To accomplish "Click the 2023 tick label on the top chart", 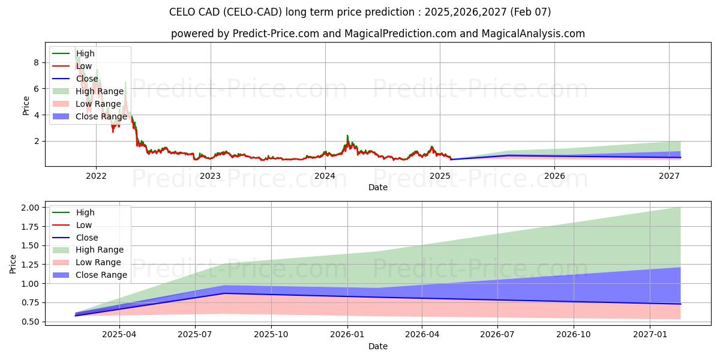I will coord(210,176).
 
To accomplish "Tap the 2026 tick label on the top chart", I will coord(554,176).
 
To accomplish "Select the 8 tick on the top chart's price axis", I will coord(37,62).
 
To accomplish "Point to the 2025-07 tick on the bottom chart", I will coord(196,335).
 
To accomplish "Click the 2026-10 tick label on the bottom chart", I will coord(574,335).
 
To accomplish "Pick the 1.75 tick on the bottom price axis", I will coord(29,226).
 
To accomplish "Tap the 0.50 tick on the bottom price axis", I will coord(29,322).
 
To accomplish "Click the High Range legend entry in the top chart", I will coord(100,91).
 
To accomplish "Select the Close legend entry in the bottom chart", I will coord(88,238).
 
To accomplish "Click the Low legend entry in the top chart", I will coord(83,66).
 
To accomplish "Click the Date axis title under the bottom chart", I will coord(378,346).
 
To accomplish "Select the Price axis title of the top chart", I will coord(26,106).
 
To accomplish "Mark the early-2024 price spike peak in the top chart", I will coord(347,136).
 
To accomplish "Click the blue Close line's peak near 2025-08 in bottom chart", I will coord(224,293).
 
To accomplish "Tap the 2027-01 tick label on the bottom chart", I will coord(650,335).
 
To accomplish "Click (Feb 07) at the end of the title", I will coord(531,12).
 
